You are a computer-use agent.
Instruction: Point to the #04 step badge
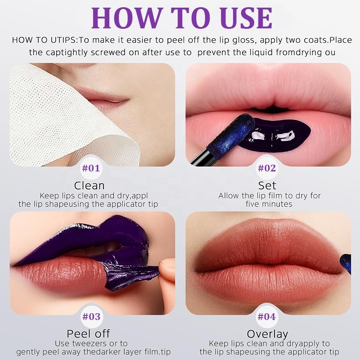[x=267, y=316]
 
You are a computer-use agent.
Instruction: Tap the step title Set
[x=267, y=185]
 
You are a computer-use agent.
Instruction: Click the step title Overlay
[x=267, y=334]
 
